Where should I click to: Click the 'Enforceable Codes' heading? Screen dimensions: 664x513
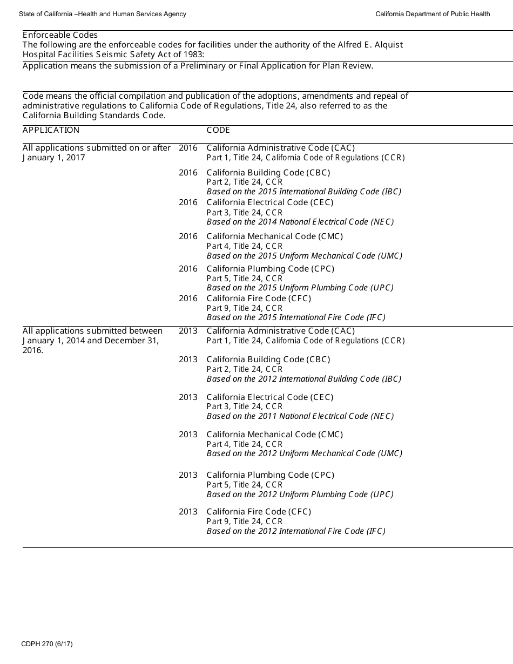(x=60, y=35)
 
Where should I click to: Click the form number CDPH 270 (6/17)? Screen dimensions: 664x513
(x=47, y=644)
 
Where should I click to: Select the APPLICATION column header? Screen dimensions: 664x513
(x=51, y=130)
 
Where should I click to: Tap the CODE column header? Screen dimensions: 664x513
(x=218, y=130)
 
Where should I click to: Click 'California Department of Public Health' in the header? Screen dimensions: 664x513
(x=433, y=14)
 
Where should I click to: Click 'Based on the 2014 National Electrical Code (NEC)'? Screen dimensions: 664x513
(x=300, y=222)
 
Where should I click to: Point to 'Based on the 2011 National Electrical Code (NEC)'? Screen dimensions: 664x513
(x=300, y=416)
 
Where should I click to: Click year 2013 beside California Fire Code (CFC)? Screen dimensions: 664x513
(x=188, y=512)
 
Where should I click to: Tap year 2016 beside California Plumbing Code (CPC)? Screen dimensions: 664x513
(x=188, y=269)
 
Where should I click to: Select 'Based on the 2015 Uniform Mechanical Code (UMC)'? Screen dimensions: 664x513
(x=304, y=256)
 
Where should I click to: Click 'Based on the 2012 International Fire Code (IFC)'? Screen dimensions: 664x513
(x=296, y=531)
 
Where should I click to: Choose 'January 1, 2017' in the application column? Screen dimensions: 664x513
(x=53, y=158)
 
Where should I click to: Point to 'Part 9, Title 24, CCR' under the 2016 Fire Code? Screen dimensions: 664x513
(x=244, y=308)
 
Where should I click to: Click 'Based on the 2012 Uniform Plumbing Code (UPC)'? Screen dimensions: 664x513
(x=300, y=494)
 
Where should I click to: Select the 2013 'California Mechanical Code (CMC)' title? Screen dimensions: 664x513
(x=274, y=435)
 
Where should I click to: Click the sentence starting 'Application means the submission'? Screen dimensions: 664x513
(x=198, y=66)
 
